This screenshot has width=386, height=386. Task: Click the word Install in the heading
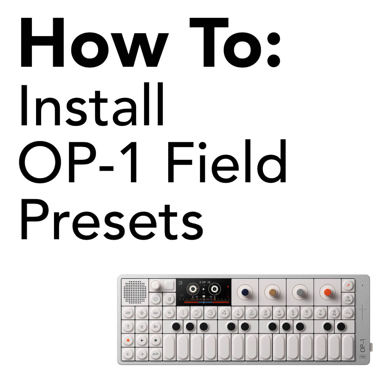pyautogui.click(x=92, y=105)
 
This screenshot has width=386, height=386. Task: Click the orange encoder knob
pyautogui.click(x=327, y=292)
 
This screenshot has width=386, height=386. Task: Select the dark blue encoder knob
pyautogui.click(x=245, y=292)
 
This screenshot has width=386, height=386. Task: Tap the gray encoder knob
pyautogui.click(x=300, y=292)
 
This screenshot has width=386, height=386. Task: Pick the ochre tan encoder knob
pyautogui.click(x=272, y=292)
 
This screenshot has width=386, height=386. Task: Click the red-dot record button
pyautogui.click(x=128, y=340)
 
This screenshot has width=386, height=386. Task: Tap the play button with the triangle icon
pyautogui.click(x=142, y=340)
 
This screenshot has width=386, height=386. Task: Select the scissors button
pyautogui.click(x=156, y=327)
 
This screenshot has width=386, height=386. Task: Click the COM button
pyautogui.click(x=348, y=299)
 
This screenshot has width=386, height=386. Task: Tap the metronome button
pyautogui.click(x=169, y=299)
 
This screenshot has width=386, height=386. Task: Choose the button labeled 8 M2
pyautogui.click(x=334, y=313)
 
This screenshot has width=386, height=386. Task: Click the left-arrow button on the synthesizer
pyautogui.click(x=128, y=354)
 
